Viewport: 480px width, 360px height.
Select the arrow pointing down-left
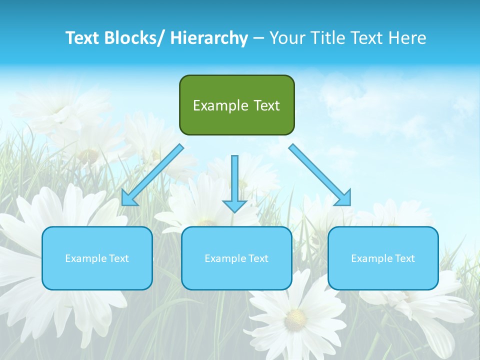click(x=152, y=175)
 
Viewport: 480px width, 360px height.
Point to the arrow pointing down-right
click(x=320, y=175)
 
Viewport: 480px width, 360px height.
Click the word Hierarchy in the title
click(x=209, y=38)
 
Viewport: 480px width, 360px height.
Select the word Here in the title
click(x=408, y=38)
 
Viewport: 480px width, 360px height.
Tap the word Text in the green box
click(x=266, y=105)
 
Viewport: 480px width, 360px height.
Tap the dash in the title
click(x=258, y=38)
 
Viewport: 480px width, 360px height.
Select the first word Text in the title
click(x=83, y=38)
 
